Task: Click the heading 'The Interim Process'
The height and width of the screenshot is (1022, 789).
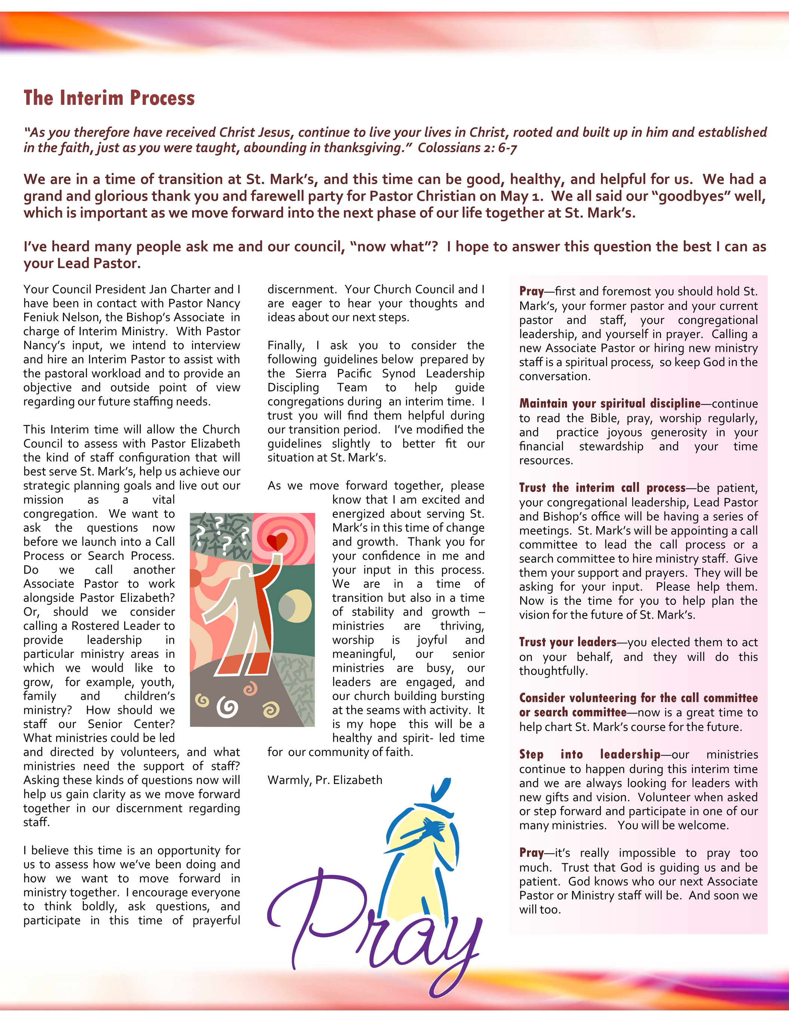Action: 109,98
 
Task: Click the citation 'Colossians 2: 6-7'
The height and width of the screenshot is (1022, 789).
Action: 467,148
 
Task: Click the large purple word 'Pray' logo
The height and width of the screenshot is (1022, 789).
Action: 374,931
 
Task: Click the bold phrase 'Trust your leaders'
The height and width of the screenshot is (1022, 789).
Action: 568,642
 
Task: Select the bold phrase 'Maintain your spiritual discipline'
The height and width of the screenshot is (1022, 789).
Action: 610,403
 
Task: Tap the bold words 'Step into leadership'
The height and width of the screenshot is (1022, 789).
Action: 590,754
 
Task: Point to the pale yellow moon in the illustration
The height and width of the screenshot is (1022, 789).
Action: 294,604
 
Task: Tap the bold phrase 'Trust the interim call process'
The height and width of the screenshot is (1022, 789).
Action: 602,488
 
